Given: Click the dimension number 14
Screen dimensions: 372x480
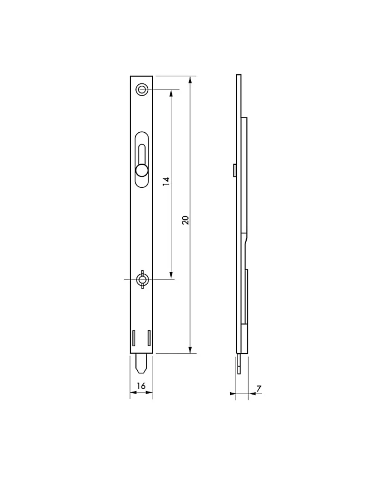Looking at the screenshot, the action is [166, 181].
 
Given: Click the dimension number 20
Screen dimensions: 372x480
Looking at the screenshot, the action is [185, 220].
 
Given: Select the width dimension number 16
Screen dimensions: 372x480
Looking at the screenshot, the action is [141, 386].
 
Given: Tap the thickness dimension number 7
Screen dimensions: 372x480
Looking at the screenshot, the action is [259, 388].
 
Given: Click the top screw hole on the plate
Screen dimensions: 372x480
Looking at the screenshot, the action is [142, 90].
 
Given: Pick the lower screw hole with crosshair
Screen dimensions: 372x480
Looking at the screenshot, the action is [142, 280].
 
